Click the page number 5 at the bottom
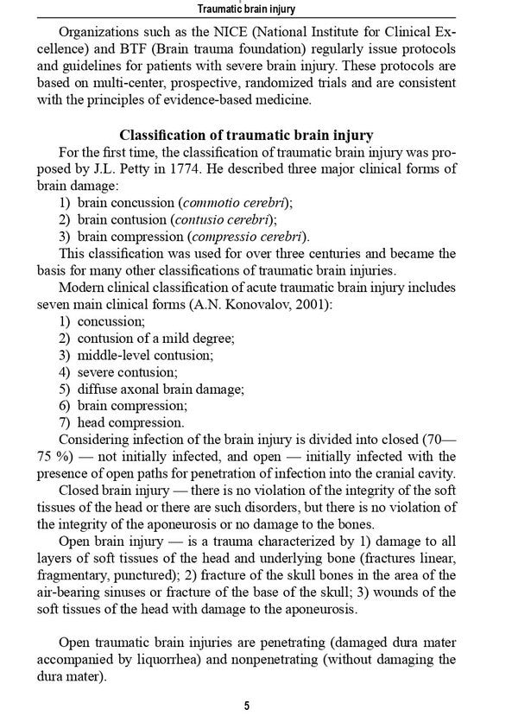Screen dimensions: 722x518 [x=247, y=706]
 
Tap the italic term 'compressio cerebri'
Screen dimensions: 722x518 [x=244, y=237]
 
